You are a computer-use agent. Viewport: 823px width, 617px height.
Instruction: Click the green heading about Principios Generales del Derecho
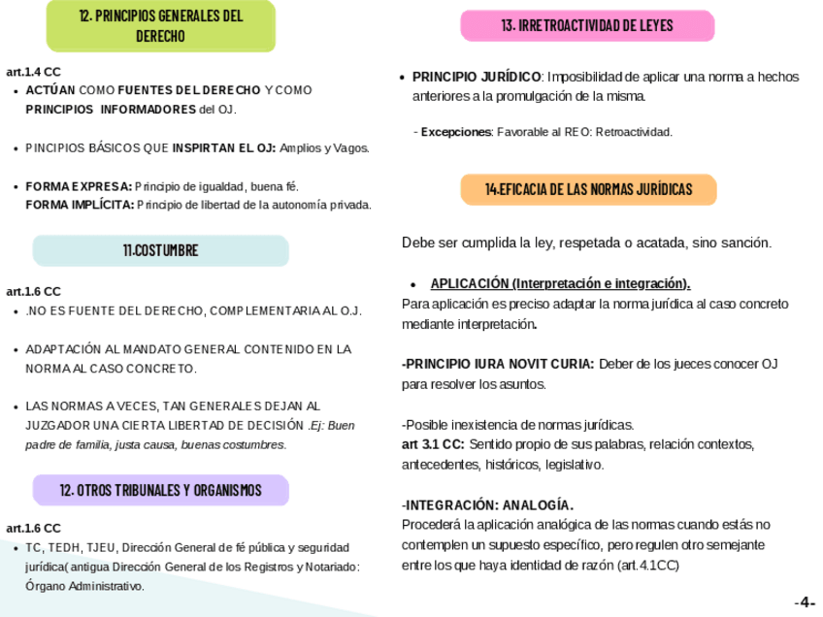pyautogui.click(x=161, y=26)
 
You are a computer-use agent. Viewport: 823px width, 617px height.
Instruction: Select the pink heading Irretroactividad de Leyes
pyautogui.click(x=587, y=25)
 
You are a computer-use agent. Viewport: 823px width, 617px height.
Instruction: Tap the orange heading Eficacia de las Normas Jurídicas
pyautogui.click(x=588, y=189)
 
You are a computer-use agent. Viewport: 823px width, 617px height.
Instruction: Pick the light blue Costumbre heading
pyautogui.click(x=160, y=250)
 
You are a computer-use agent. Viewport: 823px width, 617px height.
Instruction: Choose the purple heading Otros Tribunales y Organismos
pyautogui.click(x=160, y=490)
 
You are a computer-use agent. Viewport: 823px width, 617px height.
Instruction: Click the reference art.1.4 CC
pyautogui.click(x=33, y=72)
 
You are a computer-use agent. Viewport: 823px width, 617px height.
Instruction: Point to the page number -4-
pyautogui.click(x=805, y=602)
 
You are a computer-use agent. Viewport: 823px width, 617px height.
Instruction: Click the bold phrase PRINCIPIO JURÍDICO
pyautogui.click(x=477, y=77)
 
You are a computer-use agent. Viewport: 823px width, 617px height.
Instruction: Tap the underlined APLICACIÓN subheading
pyautogui.click(x=560, y=283)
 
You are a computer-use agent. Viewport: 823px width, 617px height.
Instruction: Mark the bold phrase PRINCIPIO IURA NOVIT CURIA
pyautogui.click(x=499, y=364)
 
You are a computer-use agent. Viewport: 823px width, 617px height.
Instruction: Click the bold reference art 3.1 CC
pyautogui.click(x=432, y=444)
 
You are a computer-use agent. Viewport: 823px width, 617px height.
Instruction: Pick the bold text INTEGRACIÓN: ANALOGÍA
pyautogui.click(x=488, y=504)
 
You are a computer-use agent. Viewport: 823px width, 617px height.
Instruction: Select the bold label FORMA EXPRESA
pyautogui.click(x=78, y=186)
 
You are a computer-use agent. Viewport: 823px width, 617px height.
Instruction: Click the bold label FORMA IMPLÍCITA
pyautogui.click(x=80, y=205)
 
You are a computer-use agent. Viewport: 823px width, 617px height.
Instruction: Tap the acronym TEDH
pyautogui.click(x=64, y=548)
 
